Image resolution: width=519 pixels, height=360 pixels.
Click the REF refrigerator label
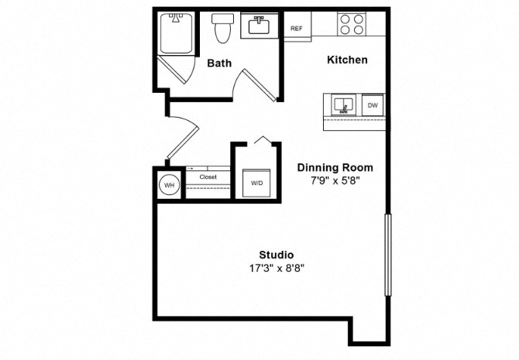click(297, 29)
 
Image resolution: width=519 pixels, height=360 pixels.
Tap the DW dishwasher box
click(373, 105)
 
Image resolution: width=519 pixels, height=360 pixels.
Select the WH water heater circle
click(169, 185)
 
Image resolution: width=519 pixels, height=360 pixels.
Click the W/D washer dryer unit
click(256, 183)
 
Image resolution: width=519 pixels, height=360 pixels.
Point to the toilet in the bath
click(222, 28)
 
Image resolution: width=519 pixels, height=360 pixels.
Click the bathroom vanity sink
click(259, 26)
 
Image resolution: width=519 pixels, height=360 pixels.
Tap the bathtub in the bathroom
click(176, 33)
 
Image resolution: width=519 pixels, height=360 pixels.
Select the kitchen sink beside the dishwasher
click(344, 105)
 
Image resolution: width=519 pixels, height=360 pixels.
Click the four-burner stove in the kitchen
click(352, 24)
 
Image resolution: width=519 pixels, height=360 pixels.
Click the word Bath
click(219, 63)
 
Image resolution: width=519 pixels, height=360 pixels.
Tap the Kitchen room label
click(347, 60)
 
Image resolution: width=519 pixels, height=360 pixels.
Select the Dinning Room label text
click(335, 167)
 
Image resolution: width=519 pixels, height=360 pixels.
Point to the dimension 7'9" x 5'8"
click(335, 180)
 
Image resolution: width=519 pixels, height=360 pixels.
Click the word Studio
click(276, 255)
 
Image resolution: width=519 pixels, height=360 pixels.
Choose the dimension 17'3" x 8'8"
click(277, 268)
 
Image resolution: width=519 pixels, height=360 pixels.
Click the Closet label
click(208, 177)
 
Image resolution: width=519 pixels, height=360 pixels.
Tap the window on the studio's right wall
click(388, 255)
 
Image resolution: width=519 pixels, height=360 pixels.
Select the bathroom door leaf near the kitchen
click(259, 85)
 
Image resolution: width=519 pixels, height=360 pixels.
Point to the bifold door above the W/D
click(263, 140)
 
